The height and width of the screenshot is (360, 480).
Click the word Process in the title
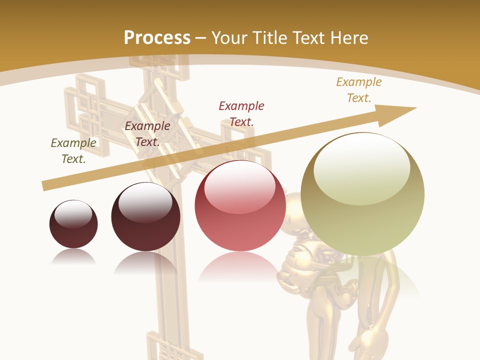157,37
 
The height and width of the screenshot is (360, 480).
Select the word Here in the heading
349,37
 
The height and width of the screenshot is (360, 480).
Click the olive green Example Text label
73,150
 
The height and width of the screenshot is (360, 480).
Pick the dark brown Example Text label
147,133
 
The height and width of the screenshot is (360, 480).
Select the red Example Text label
241,113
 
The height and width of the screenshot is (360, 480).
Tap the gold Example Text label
359,90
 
